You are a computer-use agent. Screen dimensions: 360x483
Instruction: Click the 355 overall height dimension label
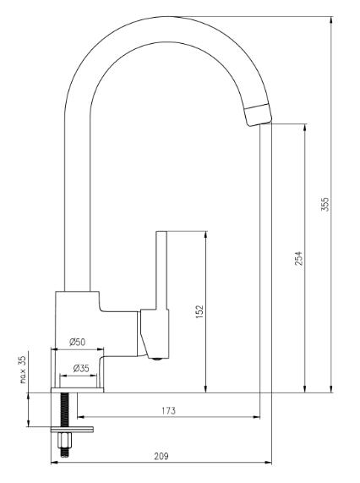(325, 204)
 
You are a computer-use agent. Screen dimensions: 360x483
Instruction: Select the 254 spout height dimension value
(298, 258)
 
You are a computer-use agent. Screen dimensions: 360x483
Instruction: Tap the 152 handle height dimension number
(199, 311)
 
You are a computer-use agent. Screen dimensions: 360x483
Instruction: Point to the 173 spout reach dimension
(168, 411)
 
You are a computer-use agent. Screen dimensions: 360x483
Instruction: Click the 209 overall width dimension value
(161, 456)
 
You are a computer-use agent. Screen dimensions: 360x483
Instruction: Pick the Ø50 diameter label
(77, 343)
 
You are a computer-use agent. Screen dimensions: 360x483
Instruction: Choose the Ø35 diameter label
(81, 369)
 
